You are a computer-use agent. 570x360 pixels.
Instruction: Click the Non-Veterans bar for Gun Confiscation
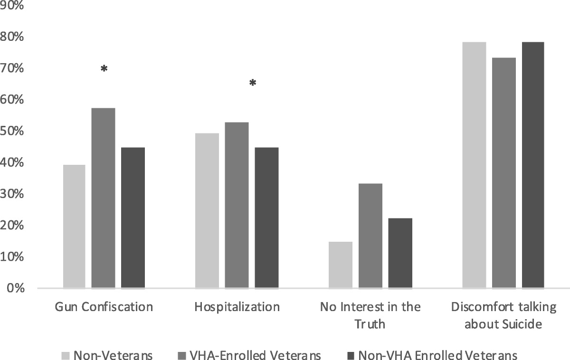point(74,227)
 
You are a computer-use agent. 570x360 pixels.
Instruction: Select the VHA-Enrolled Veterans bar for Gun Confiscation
point(103,198)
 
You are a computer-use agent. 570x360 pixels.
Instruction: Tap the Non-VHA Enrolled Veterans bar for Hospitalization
point(266,218)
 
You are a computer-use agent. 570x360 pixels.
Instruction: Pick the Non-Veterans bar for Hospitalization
point(207,211)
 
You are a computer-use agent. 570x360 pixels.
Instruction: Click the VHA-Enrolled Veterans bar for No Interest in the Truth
point(370,236)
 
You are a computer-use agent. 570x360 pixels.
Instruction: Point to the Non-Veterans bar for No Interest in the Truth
point(341,265)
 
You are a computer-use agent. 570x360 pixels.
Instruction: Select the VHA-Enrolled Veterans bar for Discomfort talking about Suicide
point(504,173)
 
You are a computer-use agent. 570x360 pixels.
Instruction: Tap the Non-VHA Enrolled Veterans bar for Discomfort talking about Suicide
point(533,165)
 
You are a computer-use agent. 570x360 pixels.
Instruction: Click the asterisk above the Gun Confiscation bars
point(104,69)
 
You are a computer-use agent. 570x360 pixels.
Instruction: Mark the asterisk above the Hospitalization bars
point(253,84)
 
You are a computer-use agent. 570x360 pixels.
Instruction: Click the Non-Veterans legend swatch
point(66,355)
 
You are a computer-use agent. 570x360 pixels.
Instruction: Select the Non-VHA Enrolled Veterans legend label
point(437,355)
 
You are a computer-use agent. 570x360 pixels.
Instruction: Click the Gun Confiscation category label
point(104,307)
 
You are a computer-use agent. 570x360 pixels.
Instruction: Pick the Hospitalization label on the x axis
point(237,307)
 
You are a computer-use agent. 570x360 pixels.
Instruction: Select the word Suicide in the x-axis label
point(521,324)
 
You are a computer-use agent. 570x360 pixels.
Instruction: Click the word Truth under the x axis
point(370,324)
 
